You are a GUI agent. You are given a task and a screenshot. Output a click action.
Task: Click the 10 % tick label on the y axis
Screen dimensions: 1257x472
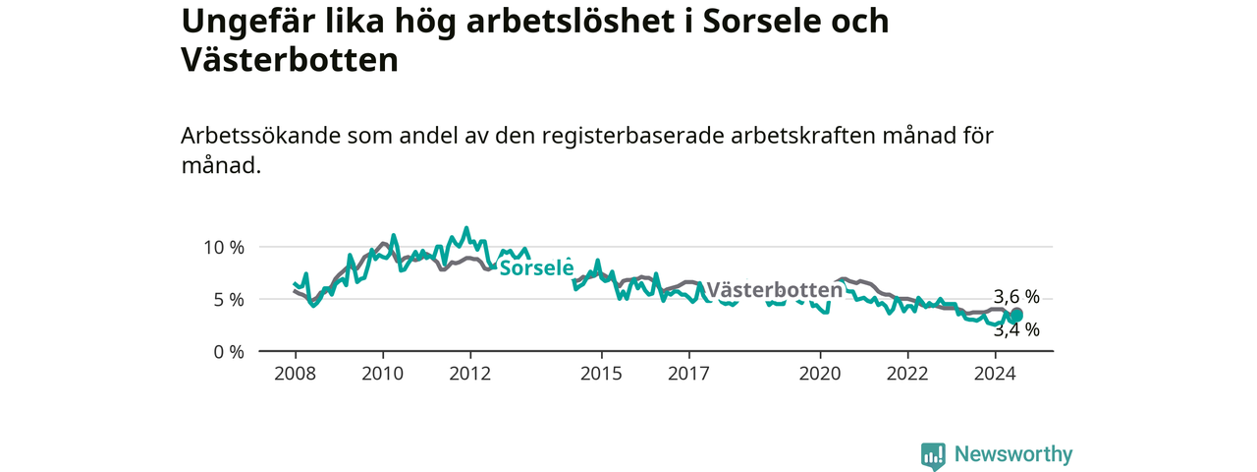pyautogui.click(x=224, y=247)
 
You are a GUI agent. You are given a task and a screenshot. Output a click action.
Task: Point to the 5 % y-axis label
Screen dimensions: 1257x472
pyautogui.click(x=229, y=300)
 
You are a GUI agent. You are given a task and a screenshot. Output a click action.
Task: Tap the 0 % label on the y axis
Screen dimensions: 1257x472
pyautogui.click(x=229, y=352)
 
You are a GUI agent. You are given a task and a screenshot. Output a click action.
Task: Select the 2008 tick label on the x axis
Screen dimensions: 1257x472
pyautogui.click(x=296, y=374)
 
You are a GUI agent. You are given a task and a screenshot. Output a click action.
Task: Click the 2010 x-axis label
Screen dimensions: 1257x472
pyautogui.click(x=383, y=374)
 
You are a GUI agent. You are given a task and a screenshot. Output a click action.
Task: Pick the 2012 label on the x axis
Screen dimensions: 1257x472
pyautogui.click(x=470, y=374)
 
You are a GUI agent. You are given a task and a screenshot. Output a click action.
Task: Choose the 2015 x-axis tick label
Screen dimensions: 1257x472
pyautogui.click(x=602, y=374)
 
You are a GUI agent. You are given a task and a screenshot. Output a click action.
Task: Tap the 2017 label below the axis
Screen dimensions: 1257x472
pyautogui.click(x=689, y=374)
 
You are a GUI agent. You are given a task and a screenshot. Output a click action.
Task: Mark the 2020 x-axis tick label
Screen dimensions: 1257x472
pyautogui.click(x=820, y=374)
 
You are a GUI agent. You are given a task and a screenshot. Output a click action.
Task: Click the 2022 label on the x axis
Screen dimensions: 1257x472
pyautogui.click(x=908, y=374)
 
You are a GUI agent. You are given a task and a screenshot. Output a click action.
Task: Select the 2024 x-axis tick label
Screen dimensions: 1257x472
pyautogui.click(x=996, y=374)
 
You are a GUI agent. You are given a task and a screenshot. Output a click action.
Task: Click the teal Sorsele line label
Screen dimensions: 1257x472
pyautogui.click(x=536, y=267)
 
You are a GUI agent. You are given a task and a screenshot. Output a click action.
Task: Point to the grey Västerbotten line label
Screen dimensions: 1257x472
pyautogui.click(x=775, y=290)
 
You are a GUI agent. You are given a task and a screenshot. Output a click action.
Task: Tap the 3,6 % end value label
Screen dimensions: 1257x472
pyautogui.click(x=1016, y=297)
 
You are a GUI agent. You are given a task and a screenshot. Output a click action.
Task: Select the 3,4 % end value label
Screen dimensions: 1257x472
pyautogui.click(x=1016, y=329)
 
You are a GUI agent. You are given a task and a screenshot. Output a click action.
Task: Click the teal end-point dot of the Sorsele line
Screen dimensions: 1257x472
pyautogui.click(x=1016, y=316)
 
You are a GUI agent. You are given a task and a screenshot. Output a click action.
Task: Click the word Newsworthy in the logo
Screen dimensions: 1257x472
pyautogui.click(x=1013, y=454)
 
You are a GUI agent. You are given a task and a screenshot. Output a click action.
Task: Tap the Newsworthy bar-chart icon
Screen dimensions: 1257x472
pyautogui.click(x=933, y=455)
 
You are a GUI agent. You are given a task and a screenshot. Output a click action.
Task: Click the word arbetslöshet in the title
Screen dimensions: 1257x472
pyautogui.click(x=571, y=22)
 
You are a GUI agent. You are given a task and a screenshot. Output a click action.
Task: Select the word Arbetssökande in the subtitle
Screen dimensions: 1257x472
pyautogui.click(x=260, y=136)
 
